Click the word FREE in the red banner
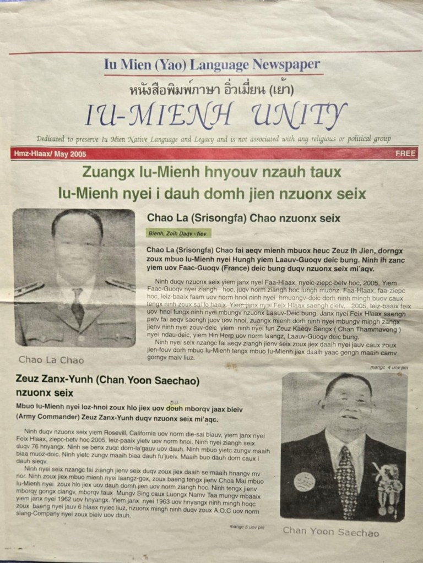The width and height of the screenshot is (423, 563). coord(405,154)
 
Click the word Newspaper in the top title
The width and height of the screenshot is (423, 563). coord(286,64)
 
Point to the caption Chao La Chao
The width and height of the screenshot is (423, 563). coord(51,360)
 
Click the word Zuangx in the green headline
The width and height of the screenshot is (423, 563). coord(102,172)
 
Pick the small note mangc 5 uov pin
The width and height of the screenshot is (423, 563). coord(247,527)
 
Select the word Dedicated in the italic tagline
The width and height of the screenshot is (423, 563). coord(53,139)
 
